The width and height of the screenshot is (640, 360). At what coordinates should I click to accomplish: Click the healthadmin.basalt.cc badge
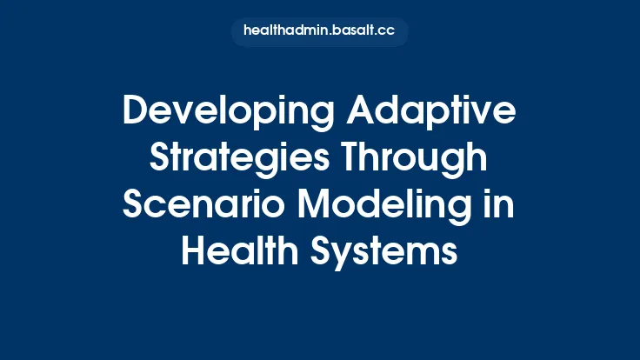(x=319, y=31)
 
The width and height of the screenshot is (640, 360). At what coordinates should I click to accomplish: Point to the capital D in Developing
(x=137, y=112)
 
